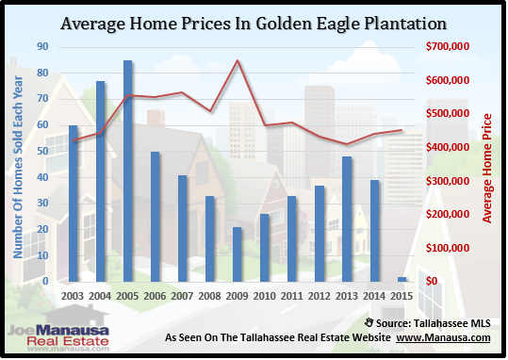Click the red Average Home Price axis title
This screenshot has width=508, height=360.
488,170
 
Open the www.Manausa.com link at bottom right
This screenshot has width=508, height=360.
451,337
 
